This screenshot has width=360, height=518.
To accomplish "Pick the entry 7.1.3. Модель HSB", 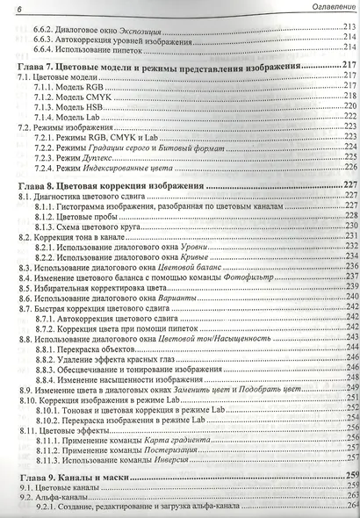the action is [x=74, y=105].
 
